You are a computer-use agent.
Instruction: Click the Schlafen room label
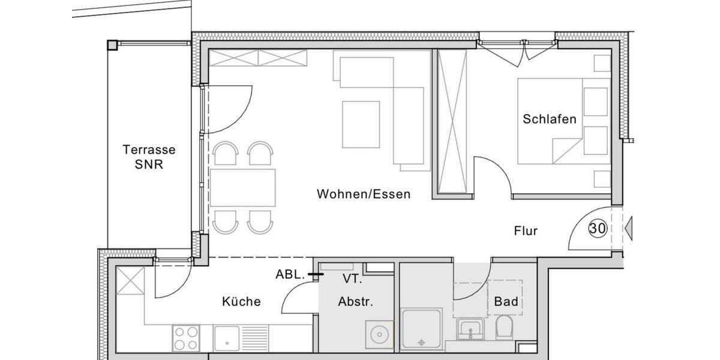(549, 119)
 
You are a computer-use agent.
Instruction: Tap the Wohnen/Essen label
(364, 194)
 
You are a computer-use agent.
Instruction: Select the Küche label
(241, 301)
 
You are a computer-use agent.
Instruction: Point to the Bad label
(506, 301)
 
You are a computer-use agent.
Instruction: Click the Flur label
(526, 230)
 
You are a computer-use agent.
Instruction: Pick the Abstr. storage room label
(355, 301)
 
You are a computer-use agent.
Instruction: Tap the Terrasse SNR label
(140, 156)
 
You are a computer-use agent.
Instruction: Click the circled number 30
(597, 228)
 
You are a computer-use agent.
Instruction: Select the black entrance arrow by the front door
(629, 228)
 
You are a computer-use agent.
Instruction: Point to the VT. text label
(352, 278)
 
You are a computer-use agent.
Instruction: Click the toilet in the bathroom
(504, 328)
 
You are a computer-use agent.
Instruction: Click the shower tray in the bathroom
(421, 329)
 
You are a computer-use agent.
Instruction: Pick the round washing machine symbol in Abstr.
(378, 334)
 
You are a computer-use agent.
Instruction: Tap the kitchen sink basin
(227, 337)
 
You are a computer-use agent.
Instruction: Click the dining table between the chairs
(242, 187)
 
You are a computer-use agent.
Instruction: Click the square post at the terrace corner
(112, 44)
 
